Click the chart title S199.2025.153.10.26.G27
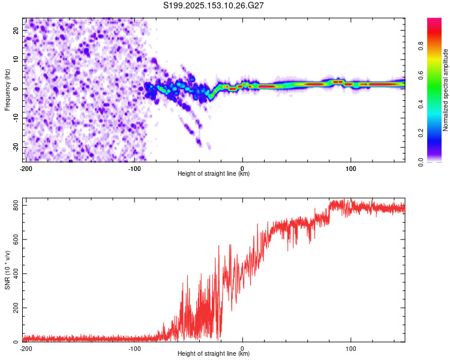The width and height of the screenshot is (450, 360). coord(213,5)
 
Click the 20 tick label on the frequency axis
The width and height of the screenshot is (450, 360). coord(16,31)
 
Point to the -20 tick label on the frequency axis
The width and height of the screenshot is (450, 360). coord(16,147)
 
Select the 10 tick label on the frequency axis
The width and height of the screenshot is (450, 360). coord(16,59)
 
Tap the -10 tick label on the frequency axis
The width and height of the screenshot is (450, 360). coord(16,118)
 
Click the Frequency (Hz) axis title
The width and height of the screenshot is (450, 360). coord(7,90)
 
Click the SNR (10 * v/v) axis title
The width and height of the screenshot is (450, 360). coord(7,270)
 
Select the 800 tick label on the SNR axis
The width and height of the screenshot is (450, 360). coord(16,206)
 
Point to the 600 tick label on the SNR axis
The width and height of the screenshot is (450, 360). coord(16,239)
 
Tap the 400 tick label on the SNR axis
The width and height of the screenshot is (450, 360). coord(16,274)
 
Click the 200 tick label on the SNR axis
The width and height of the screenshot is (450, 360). coord(16,308)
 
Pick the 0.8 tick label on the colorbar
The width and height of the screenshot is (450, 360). coord(421,46)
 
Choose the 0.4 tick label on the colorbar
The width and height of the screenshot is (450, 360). coord(421,104)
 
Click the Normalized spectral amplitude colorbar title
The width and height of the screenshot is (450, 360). coord(445,90)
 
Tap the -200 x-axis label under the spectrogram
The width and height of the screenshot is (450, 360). coord(26,169)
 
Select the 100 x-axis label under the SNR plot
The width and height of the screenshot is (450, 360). coord(351,349)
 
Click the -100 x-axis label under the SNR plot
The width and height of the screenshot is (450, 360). coord(134,349)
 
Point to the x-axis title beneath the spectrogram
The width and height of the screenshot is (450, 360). coord(214,173)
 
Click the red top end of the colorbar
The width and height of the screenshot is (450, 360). coord(434,19)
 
